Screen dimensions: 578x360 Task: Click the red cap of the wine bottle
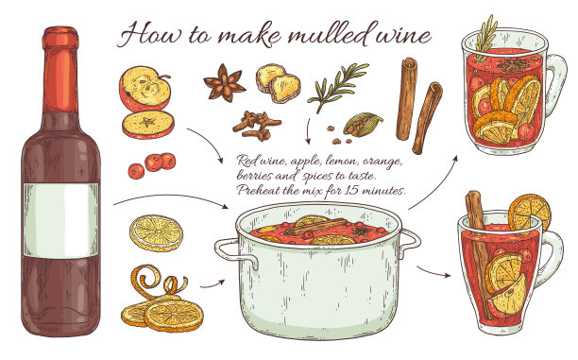60,39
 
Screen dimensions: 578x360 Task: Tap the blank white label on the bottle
61,220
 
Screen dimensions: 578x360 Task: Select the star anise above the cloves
224,83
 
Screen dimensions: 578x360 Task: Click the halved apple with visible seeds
144,89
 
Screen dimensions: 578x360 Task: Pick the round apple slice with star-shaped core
148,125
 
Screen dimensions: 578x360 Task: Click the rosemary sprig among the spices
337,86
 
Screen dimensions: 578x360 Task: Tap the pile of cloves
257,125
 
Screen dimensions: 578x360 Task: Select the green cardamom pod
363,124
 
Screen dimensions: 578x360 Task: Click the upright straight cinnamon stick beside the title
407,98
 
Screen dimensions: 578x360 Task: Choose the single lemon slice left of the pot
156,233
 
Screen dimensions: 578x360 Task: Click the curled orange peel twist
157,283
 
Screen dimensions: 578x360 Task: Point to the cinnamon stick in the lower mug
480,254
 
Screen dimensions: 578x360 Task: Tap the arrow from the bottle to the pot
171,197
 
